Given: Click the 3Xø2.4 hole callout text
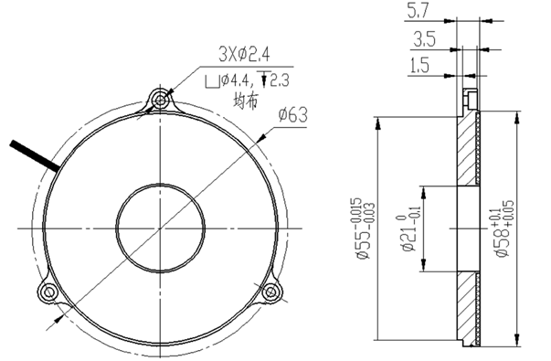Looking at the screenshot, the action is [244, 55].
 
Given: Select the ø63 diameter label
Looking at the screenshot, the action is [292, 114].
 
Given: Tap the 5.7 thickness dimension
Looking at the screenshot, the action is [418, 11].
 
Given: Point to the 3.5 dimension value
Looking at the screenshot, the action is [424, 38].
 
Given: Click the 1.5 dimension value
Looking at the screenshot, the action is [419, 66].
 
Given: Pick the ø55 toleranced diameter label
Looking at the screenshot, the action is [366, 228].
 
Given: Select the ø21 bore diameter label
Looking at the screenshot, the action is [408, 229].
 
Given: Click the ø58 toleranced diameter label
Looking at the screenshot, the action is [504, 228].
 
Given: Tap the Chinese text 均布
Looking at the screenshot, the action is [246, 101].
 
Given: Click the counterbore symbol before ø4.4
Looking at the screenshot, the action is [212, 81].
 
